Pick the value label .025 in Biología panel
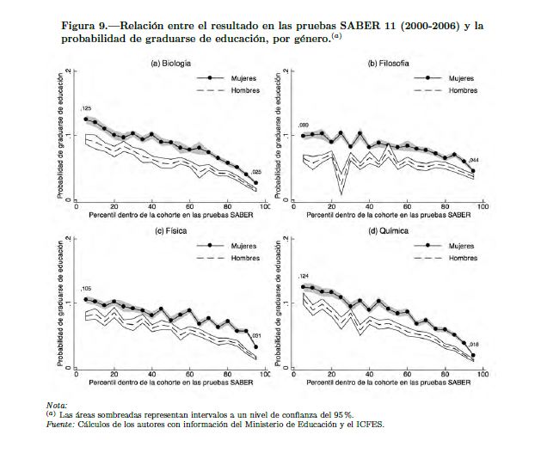[255, 172]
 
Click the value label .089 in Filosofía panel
[303, 125]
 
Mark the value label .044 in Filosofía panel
[474, 160]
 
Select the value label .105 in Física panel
[85, 289]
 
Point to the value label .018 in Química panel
[473, 344]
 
